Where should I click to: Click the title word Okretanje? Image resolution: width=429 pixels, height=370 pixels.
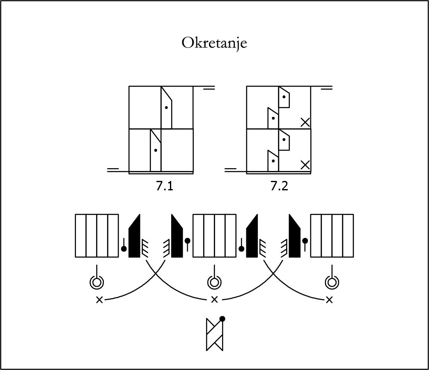(214, 43)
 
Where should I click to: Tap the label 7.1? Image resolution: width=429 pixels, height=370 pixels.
(165, 186)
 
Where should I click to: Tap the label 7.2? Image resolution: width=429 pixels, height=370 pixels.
(279, 186)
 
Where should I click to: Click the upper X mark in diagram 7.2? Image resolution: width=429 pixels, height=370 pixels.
(305, 123)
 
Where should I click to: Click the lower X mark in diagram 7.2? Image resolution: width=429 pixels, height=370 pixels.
(305, 165)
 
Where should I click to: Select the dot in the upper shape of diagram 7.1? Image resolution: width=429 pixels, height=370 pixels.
(166, 107)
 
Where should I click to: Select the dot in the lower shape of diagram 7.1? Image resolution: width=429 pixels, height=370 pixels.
(156, 150)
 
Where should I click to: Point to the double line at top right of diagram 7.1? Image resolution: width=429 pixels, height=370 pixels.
(209, 88)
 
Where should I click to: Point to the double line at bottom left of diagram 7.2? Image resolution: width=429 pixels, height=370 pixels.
(230, 170)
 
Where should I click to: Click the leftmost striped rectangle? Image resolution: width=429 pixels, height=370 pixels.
(97, 236)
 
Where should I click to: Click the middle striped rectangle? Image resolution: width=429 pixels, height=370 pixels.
(214, 236)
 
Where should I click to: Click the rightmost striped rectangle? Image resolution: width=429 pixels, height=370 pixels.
(332, 236)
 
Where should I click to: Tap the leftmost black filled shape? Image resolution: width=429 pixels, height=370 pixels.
(134, 236)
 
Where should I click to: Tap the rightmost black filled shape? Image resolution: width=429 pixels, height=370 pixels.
(295, 236)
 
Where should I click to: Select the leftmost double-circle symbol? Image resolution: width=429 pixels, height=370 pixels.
(97, 282)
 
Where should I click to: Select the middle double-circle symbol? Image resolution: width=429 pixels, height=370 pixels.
(214, 282)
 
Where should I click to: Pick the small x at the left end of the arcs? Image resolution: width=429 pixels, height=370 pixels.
(100, 300)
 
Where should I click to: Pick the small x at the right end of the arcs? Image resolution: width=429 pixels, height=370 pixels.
(329, 300)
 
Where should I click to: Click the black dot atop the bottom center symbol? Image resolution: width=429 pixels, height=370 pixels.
(222, 319)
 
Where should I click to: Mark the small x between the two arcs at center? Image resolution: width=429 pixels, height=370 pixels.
(214, 300)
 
